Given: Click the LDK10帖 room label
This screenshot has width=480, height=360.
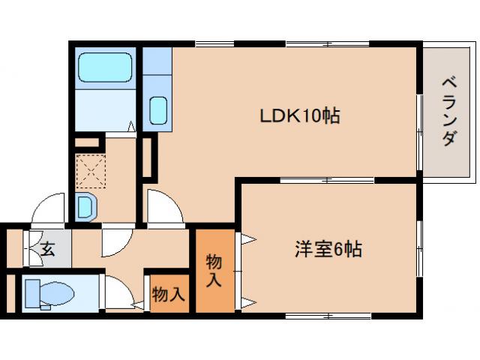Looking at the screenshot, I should pos(299,116).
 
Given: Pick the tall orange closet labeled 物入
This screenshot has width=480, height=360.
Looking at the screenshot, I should pos(214,270).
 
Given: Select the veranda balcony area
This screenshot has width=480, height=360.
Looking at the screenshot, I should pos(448,112).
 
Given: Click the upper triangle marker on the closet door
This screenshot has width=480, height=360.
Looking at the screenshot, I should pos(247,240).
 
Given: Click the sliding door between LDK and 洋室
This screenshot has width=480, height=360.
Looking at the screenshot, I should pos(326,180).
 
